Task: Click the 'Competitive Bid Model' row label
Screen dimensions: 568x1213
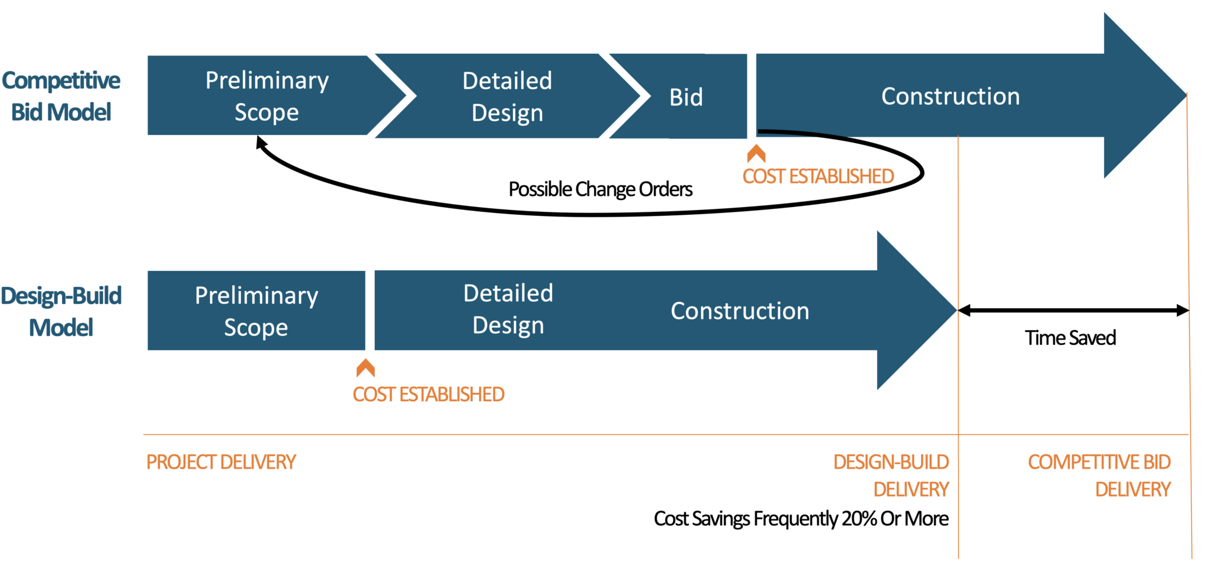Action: [61, 96]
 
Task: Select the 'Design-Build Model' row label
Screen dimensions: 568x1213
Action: [61, 311]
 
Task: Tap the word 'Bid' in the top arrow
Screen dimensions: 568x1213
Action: [686, 97]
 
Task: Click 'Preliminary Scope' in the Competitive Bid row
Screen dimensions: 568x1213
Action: [267, 96]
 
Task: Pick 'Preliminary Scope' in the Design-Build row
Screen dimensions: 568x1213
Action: [256, 311]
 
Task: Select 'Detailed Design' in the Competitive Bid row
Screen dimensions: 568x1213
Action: [507, 96]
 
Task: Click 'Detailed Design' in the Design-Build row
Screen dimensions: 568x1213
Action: [508, 309]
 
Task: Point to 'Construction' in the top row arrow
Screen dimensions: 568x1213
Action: [950, 96]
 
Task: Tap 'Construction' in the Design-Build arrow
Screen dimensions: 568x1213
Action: [740, 311]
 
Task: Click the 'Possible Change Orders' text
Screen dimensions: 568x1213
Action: [600, 189]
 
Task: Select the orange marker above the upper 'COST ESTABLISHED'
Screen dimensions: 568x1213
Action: [756, 154]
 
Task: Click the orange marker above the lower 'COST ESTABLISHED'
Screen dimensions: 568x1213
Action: [365, 368]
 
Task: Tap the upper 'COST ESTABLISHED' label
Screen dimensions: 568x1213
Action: [818, 176]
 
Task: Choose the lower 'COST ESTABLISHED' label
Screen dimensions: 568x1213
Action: [428, 394]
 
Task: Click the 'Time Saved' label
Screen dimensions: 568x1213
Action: [1070, 338]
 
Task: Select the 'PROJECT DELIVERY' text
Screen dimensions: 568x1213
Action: [221, 462]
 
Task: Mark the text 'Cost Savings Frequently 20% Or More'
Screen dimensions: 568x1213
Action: [801, 519]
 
